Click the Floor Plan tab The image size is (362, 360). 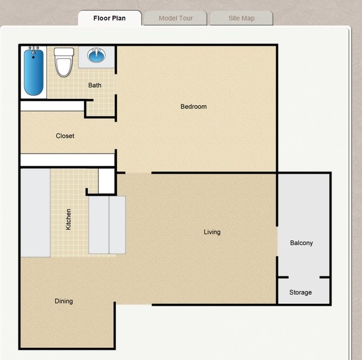pos(109,18)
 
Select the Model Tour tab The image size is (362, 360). pos(175,18)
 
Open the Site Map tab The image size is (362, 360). pos(241,18)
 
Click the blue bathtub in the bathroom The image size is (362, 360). pos(33,72)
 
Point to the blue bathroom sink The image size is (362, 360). pos(97,56)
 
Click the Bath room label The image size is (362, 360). pos(95,85)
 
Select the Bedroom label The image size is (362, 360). pos(193,106)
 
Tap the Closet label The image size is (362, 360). pos(65,136)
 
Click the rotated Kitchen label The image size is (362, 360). pos(69,219)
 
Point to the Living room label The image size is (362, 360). pos(212,232)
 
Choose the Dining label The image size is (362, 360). pos(63,301)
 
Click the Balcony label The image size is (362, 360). pos(301,243)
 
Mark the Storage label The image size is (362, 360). pos(300,292)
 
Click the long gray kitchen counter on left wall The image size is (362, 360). pos(35,213)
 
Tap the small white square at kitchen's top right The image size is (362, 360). pos(106,180)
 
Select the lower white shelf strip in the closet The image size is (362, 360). pos(67,160)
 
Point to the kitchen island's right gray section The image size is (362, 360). pos(117,224)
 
